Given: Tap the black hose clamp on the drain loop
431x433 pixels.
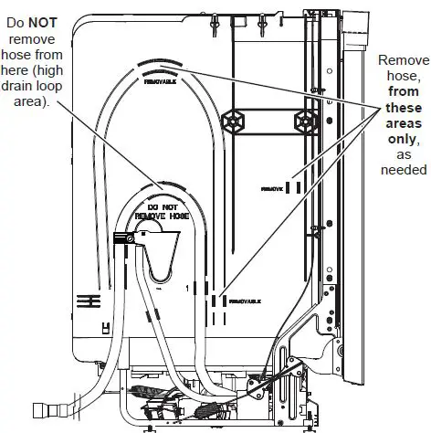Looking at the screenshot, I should point(124,240).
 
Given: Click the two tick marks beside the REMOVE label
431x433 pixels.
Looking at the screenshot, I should point(294,187).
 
